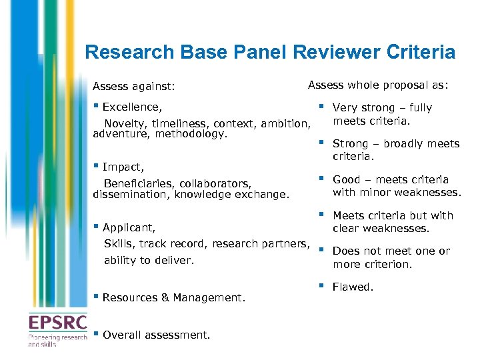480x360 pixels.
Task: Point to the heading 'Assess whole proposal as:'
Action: click(378, 85)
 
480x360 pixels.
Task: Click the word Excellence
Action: click(131, 107)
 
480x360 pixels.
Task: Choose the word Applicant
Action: click(129, 228)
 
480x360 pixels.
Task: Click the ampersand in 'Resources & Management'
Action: click(165, 298)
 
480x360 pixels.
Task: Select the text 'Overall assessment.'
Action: click(156, 335)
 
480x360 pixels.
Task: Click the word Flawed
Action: click(353, 287)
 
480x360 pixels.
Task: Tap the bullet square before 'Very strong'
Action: click(321, 105)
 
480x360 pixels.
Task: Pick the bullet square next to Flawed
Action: click(321, 285)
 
